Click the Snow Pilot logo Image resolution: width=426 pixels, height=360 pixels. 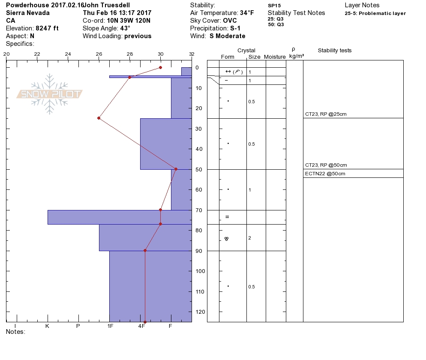click(x=49, y=94)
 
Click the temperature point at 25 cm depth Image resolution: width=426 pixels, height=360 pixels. click(x=99, y=118)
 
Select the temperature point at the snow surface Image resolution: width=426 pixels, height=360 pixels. click(x=161, y=67)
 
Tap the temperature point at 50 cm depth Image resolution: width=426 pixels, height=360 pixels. click(x=176, y=169)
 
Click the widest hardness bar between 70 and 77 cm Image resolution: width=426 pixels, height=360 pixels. click(x=120, y=217)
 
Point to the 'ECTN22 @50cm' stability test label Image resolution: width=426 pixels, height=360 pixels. click(x=325, y=174)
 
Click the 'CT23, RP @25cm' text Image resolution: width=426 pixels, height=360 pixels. click(x=326, y=114)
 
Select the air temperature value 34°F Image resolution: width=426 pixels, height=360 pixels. click(x=247, y=13)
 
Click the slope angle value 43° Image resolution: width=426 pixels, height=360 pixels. click(x=125, y=28)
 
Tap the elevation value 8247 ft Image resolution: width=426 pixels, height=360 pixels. click(x=47, y=28)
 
